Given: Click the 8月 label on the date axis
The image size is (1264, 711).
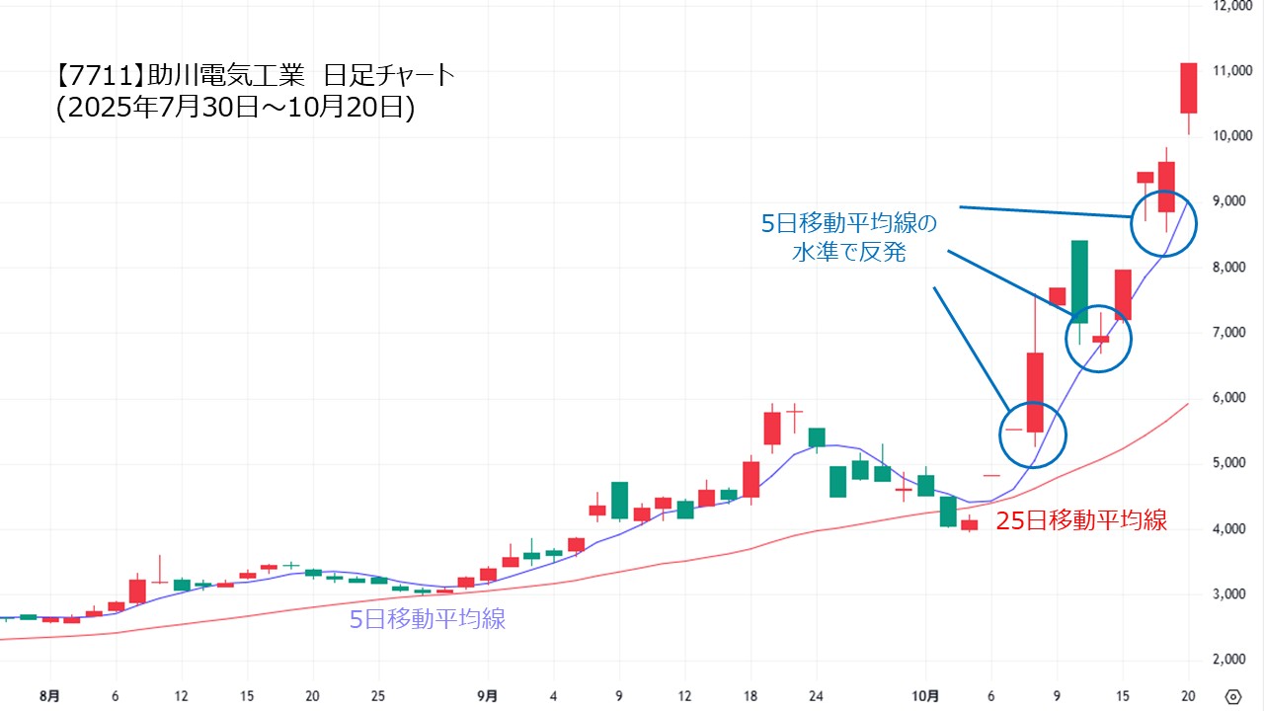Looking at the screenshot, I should [49, 695].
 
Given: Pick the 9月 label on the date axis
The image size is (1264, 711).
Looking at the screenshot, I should [487, 695].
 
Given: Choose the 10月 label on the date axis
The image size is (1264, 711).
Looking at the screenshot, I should [924, 695].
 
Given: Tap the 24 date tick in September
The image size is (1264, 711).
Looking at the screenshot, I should [816, 695].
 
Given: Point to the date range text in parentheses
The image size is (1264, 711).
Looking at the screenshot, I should [235, 108].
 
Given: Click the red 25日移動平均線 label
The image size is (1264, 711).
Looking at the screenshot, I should [1081, 521].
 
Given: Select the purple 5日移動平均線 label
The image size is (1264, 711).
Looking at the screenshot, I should [428, 620].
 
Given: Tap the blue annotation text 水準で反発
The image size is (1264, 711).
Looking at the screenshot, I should [849, 253].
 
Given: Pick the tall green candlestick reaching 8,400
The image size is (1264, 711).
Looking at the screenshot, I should [1079, 281].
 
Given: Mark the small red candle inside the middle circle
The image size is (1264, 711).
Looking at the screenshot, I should [1100, 340].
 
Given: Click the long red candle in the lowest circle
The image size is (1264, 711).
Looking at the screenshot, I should [1035, 392].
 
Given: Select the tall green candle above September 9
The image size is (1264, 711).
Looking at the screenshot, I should [619, 500].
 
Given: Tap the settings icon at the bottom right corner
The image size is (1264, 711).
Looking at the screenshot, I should [1232, 695].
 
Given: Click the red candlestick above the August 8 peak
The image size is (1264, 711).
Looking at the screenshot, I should [137, 591].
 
